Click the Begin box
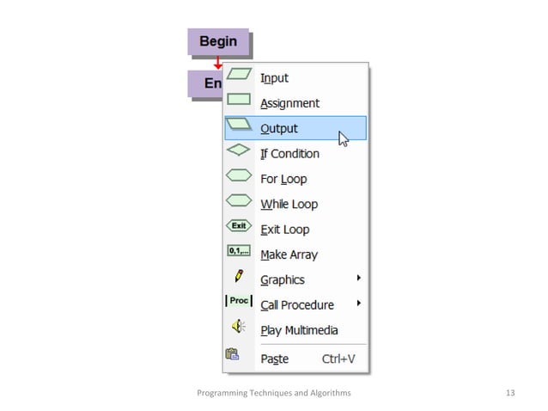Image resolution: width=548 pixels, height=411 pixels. (x=218, y=41)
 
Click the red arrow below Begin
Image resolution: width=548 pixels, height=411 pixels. (x=218, y=63)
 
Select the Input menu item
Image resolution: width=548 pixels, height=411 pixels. (x=274, y=78)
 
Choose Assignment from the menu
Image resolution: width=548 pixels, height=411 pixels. (x=289, y=103)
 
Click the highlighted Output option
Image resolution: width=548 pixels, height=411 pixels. (x=295, y=128)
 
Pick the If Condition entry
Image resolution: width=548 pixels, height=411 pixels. (x=289, y=154)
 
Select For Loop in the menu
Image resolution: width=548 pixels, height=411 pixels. (x=283, y=179)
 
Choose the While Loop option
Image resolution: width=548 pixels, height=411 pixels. (x=289, y=204)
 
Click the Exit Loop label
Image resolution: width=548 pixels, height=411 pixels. (x=285, y=230)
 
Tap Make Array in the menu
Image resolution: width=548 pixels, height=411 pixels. (x=289, y=255)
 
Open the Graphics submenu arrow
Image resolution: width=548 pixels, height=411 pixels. (x=358, y=278)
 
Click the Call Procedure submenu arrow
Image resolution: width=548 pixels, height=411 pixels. (x=358, y=303)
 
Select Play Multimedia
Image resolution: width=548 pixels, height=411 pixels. (x=299, y=330)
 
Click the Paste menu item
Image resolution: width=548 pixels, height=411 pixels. (x=275, y=359)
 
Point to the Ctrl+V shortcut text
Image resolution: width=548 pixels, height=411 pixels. (x=338, y=359)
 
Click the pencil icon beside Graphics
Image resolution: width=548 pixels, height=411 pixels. (x=239, y=276)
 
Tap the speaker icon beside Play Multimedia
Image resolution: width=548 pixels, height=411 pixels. (x=239, y=326)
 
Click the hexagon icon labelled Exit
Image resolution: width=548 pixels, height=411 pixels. (x=239, y=225)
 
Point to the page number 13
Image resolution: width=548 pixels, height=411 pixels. (x=510, y=393)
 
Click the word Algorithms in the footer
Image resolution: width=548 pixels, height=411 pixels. (x=330, y=393)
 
